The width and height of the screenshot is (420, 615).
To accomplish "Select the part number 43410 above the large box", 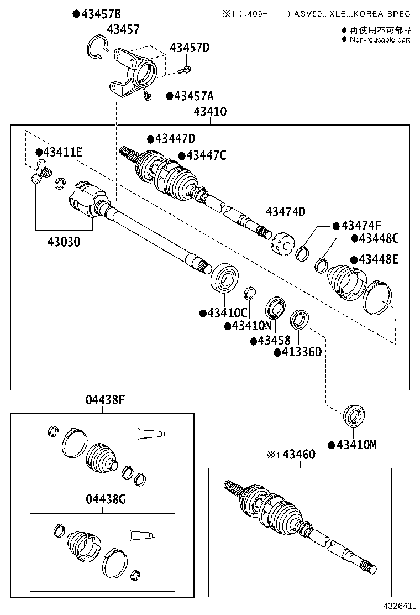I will point(210,112).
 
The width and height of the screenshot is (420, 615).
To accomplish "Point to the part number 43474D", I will point(285,212).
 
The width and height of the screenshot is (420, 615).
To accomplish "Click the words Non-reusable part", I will point(380,40).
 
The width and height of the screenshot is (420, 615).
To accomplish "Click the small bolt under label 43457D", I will point(186,70).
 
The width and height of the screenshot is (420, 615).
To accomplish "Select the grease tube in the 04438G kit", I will point(143,535).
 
